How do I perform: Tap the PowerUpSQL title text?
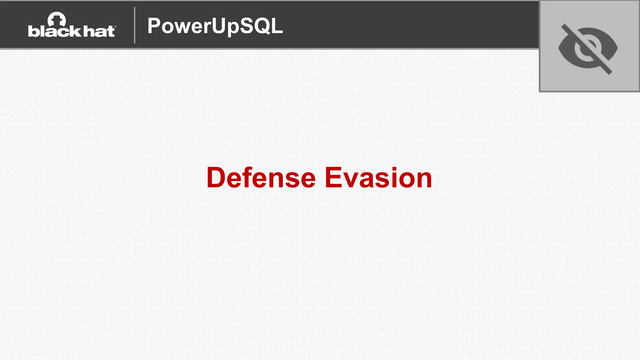click(x=215, y=26)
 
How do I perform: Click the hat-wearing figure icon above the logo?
click(x=57, y=19)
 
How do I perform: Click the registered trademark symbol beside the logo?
click(x=115, y=27)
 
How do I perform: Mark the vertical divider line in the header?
click(x=135, y=25)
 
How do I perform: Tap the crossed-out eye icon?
click(x=588, y=49)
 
